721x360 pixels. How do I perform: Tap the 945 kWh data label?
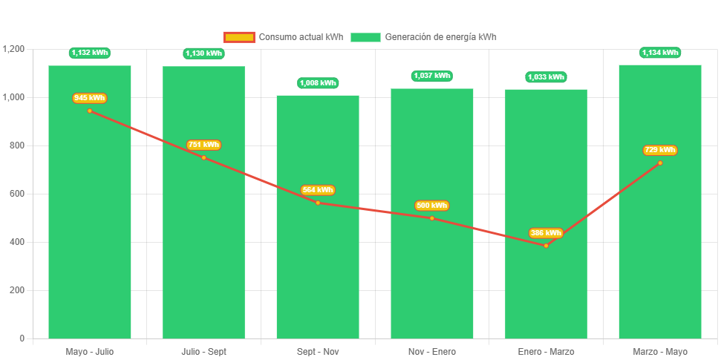tap(89, 98)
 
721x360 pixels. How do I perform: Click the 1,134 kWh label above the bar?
tap(659, 53)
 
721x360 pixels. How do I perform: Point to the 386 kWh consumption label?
tap(546, 233)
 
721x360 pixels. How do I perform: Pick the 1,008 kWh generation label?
tap(318, 83)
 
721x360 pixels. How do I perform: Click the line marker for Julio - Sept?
tap(203, 157)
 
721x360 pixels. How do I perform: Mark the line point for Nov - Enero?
tap(431, 218)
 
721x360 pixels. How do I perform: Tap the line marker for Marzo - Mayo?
tap(659, 163)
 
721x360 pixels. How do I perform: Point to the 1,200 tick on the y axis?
tap(14, 49)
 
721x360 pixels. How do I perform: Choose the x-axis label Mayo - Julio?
tap(89, 351)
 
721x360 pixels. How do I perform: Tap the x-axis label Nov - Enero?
tap(431, 351)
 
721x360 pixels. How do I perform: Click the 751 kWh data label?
tap(203, 145)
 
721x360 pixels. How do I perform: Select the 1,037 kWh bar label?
tap(431, 76)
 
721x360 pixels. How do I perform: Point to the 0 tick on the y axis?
tap(22, 338)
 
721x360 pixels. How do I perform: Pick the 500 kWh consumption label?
tap(431, 206)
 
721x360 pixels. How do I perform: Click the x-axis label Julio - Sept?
tap(203, 351)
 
